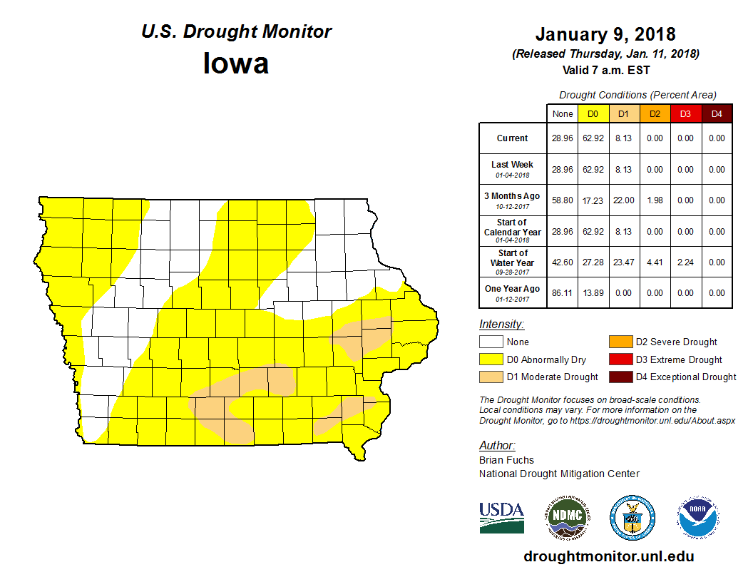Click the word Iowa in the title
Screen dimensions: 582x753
tap(236, 63)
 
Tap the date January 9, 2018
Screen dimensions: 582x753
tap(605, 34)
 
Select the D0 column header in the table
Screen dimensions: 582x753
tap(593, 114)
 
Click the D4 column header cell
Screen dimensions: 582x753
tap(717, 114)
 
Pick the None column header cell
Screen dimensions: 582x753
tap(562, 114)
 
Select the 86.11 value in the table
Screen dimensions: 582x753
tap(562, 293)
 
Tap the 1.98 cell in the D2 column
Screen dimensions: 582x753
tap(655, 200)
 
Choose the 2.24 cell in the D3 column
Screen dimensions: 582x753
tap(685, 262)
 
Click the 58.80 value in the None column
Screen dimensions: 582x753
tap(562, 200)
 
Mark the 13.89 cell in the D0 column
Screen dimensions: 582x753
tap(593, 293)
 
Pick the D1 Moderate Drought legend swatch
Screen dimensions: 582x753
tap(491, 377)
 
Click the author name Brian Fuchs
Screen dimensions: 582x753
tap(506, 460)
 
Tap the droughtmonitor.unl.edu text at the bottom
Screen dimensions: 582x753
tap(608, 556)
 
